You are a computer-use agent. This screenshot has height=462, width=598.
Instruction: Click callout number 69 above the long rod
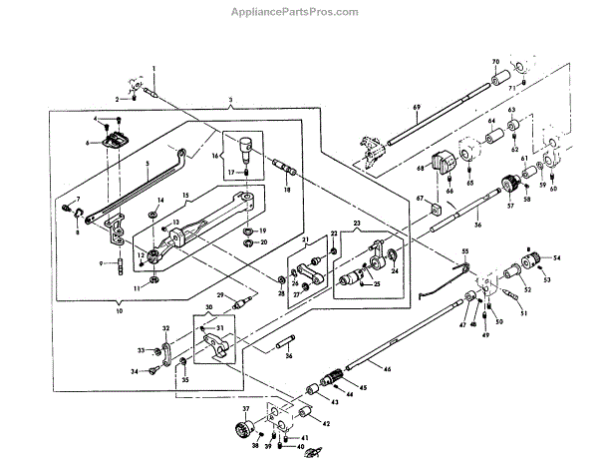(417, 106)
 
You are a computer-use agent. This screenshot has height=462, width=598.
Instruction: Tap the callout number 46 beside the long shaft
(389, 369)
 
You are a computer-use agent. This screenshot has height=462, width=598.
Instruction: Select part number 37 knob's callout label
(243, 410)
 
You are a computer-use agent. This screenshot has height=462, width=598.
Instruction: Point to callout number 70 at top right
(496, 62)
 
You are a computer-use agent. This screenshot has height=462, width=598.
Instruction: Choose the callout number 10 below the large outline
(122, 311)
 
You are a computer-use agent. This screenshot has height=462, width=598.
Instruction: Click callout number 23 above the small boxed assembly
(356, 224)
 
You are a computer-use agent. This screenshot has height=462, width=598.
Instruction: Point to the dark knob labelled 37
(244, 430)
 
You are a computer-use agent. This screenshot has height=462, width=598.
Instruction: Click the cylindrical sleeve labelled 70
(502, 77)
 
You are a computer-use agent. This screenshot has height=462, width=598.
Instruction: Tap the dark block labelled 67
(442, 162)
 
